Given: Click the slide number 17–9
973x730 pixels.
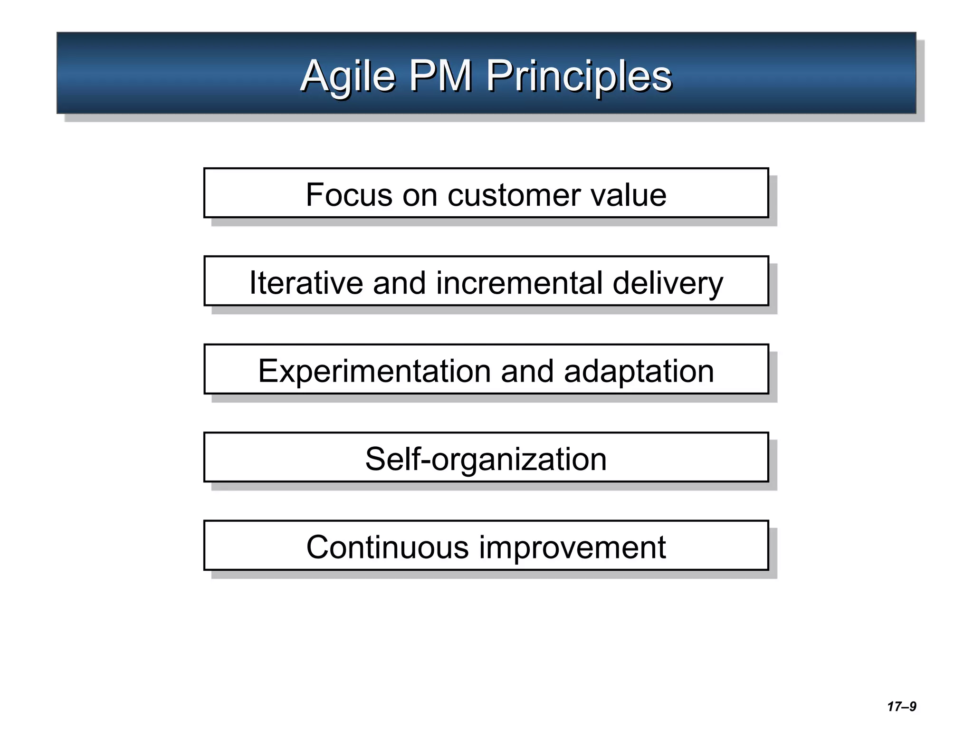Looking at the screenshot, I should tap(901, 707).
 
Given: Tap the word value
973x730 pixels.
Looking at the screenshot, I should tap(629, 195).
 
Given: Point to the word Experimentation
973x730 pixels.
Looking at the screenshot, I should tap(374, 372).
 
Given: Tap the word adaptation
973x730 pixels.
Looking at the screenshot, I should tap(639, 372).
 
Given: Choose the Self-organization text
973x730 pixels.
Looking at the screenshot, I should tap(486, 460).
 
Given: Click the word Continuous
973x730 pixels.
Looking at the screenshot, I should tap(387, 547).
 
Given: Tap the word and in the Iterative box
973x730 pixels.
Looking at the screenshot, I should tap(399, 283).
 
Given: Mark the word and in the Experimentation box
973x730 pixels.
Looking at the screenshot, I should tap(527, 372).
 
